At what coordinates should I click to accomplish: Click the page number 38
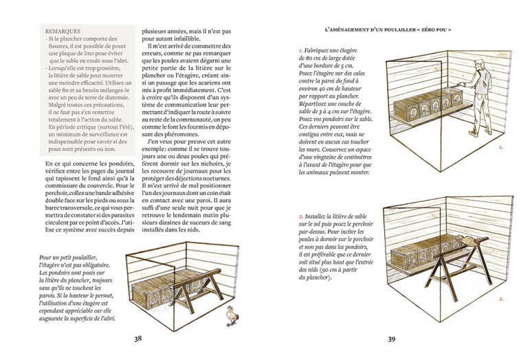[x=137, y=338]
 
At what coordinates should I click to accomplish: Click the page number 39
[x=391, y=339]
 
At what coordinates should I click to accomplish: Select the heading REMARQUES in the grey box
[x=63, y=32]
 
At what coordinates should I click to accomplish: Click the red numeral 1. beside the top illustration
[x=501, y=147]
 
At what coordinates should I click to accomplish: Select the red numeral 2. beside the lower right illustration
[x=501, y=299]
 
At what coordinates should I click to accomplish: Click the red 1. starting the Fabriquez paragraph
[x=301, y=51]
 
